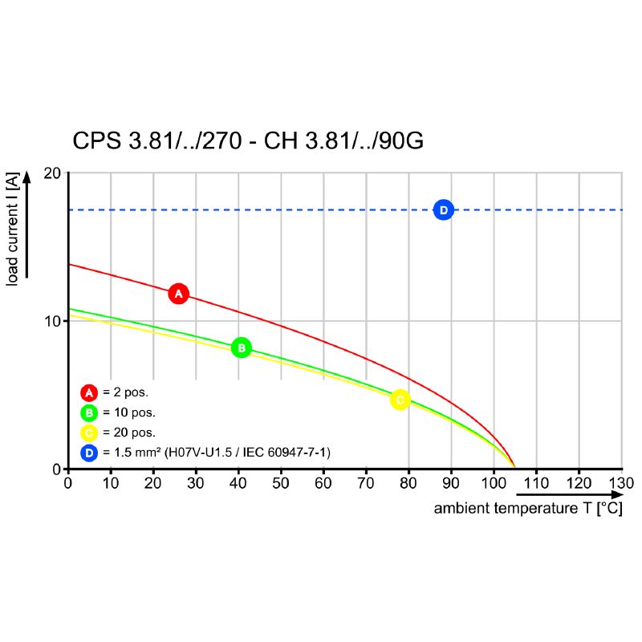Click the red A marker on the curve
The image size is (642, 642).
178,294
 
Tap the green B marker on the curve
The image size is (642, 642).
241,347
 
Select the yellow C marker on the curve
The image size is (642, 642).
400,400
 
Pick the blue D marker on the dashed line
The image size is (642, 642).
443,209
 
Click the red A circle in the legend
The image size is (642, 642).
89,392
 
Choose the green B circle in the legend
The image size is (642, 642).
89,413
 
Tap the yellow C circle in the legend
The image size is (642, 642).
89,433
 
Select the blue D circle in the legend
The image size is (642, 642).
89,453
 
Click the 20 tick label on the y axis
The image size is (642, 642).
53,173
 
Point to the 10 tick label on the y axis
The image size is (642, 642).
53,321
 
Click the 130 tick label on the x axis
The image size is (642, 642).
621,483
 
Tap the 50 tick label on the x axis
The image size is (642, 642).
281,483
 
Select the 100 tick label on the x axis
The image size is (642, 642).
494,483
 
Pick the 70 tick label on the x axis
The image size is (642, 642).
366,483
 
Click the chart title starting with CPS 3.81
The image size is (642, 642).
248,141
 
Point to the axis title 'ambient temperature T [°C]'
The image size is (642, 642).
528,509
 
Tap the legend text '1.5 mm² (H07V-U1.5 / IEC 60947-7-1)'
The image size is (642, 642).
222,453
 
